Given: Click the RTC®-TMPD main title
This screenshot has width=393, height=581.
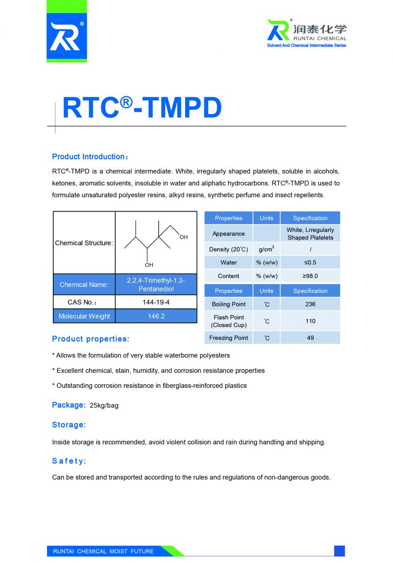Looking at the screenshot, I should coord(142,108).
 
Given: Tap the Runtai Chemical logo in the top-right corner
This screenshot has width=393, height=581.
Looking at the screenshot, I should coord(307,32).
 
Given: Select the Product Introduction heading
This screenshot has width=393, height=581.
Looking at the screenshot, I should coord(89,157).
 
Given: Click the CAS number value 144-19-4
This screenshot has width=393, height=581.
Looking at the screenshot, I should coord(156,302).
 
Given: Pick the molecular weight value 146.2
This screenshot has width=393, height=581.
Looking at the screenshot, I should coord(156,316).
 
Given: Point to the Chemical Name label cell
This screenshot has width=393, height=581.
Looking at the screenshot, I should coord(84,285).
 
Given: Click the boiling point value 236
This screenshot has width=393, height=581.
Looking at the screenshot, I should coord(310,304).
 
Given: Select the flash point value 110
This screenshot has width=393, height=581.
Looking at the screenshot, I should coord(310,321).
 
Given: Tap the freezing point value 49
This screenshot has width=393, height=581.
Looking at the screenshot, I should coord(310,338).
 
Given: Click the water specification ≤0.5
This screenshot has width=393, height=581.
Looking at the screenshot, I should coord(310,262).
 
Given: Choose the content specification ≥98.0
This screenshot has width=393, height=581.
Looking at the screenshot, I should coord(310,276).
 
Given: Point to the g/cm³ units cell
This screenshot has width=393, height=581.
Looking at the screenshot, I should coord(266,249).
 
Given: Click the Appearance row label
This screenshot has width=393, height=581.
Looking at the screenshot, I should coord(228,234).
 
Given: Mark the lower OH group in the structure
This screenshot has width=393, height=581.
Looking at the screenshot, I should coord(149,265).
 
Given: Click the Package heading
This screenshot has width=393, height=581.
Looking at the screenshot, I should coord(69,405).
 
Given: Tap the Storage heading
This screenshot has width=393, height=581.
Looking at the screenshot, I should coord(69,425).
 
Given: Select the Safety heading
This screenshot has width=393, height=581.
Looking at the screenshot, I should coord(69,461).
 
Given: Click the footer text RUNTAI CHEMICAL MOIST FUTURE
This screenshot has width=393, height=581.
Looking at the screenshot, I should coord(103,551).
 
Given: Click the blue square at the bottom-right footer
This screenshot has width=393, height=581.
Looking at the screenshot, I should coord(339,550).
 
